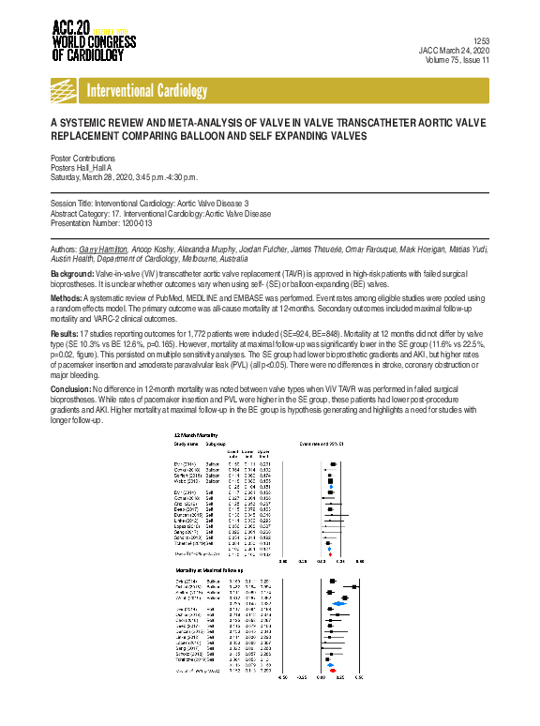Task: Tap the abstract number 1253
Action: (482, 42)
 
